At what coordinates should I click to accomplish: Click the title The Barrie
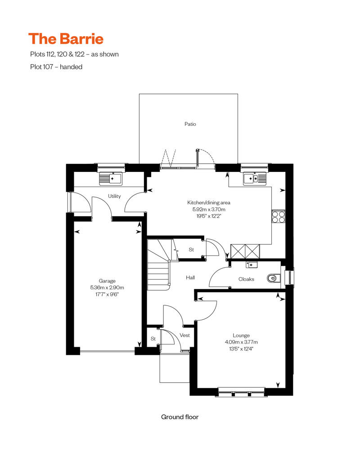click(x=66, y=39)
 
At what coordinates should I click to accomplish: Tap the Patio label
click(x=190, y=124)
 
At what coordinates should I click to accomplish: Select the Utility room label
click(x=114, y=196)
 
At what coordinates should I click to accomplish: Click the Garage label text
click(x=107, y=281)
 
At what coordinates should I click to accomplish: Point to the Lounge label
click(x=241, y=335)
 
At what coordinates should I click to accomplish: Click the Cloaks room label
click(x=246, y=279)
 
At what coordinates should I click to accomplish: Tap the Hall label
click(x=190, y=278)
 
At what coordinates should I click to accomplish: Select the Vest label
click(x=184, y=335)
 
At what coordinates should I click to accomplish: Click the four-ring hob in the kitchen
click(x=279, y=217)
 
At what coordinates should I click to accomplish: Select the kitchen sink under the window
click(x=250, y=179)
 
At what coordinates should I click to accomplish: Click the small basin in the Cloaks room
click(x=252, y=264)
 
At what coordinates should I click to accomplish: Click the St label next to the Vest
click(x=153, y=338)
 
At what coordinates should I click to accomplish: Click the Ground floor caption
click(x=180, y=417)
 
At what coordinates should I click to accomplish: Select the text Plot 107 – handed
click(x=56, y=67)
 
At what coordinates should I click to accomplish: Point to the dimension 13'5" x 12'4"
click(x=241, y=348)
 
